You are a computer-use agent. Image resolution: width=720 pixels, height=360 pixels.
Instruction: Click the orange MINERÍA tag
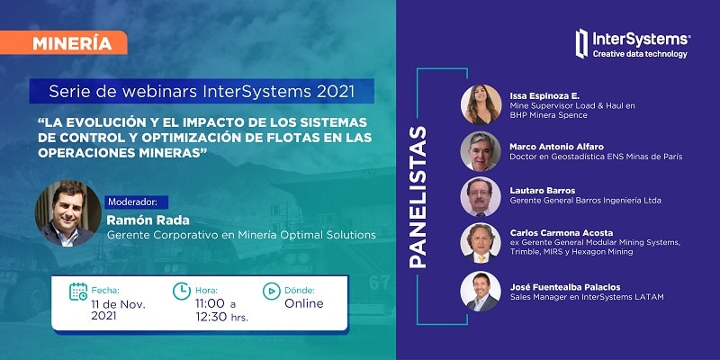click(x=63, y=42)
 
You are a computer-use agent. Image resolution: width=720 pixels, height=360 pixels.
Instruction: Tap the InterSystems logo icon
click(x=581, y=43)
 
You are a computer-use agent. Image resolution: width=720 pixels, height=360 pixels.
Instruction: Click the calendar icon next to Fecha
click(x=78, y=292)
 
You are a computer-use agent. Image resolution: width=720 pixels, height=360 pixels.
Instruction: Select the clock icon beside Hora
click(x=182, y=291)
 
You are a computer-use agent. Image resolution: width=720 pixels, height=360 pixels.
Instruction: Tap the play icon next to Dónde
click(x=272, y=291)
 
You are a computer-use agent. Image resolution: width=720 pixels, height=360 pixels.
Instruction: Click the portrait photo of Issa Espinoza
click(x=481, y=104)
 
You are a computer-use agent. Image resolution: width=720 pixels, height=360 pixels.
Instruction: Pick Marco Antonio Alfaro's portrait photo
click(x=481, y=151)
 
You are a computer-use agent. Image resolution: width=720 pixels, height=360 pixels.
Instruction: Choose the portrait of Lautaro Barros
click(x=481, y=196)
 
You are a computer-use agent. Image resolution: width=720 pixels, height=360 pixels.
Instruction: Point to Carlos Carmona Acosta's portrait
click(x=481, y=243)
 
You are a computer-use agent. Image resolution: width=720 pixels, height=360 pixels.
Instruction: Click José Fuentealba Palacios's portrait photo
click(x=481, y=292)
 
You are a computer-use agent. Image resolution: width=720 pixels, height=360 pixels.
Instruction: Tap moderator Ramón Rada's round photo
click(x=68, y=213)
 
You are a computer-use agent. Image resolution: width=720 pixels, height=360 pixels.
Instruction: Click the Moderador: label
click(x=137, y=202)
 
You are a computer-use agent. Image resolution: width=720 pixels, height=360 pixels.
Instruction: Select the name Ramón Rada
click(x=148, y=220)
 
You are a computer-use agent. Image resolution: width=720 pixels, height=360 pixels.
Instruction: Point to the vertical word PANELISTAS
click(x=418, y=197)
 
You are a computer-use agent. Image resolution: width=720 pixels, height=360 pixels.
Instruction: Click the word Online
click(x=304, y=303)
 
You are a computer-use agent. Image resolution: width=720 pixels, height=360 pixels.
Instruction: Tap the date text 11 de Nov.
click(x=119, y=304)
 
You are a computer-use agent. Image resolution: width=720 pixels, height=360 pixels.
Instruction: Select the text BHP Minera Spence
click(x=548, y=115)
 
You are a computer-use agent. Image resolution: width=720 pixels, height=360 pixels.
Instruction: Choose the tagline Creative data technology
click(x=640, y=54)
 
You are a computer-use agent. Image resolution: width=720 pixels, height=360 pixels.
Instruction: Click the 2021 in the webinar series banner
click(x=335, y=92)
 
